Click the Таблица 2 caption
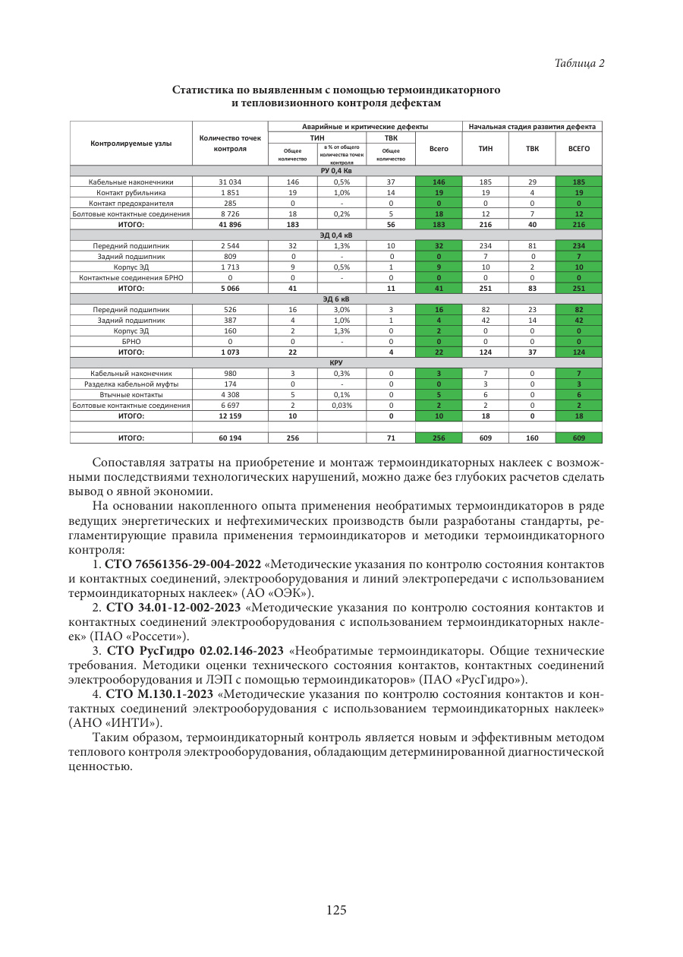pos(579,63)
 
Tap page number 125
pos(336,910)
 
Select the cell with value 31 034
pos(230,182)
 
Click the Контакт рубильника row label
pos(131,193)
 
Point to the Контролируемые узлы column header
pos(131,144)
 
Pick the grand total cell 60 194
pos(230,438)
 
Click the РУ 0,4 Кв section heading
pos(336,171)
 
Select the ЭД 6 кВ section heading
pos(336,299)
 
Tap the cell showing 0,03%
pos(341,406)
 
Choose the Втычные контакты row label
pos(131,395)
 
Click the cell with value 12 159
pos(230,416)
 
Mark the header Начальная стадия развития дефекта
pos(532,126)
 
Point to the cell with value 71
pos(391,438)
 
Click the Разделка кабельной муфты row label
pos(131,384)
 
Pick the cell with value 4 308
pos(230,395)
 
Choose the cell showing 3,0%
pos(341,310)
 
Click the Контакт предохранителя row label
pos(131,204)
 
